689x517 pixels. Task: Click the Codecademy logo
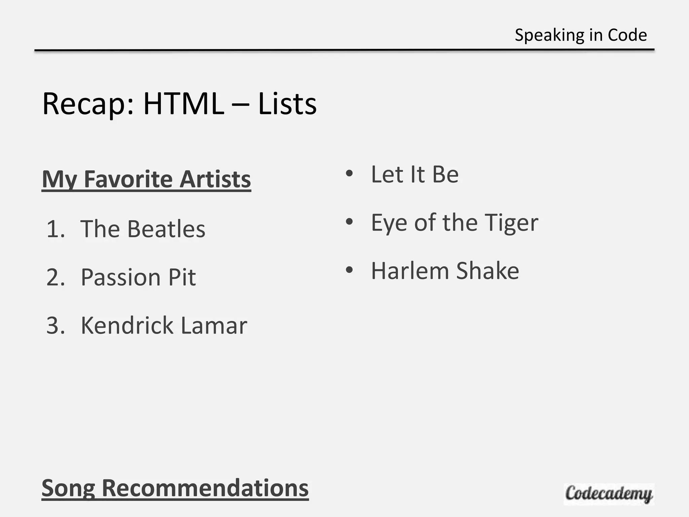tap(609, 494)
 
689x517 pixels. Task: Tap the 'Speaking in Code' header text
tap(581, 35)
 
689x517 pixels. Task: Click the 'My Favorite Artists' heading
tap(146, 179)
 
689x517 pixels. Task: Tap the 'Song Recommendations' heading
tap(175, 488)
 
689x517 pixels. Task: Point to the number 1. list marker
tap(56, 229)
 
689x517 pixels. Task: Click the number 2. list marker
tap(56, 278)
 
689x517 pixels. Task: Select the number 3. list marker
tap(56, 326)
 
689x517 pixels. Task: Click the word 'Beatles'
tap(166, 229)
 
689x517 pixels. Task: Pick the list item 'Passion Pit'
tap(138, 278)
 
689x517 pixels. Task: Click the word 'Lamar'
tap(214, 326)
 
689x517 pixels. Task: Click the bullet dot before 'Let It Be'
tap(349, 174)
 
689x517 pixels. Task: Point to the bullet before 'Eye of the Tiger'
tap(349, 222)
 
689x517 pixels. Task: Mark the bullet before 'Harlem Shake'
tap(349, 270)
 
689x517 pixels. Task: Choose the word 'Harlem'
tap(410, 271)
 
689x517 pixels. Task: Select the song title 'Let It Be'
tap(415, 174)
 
